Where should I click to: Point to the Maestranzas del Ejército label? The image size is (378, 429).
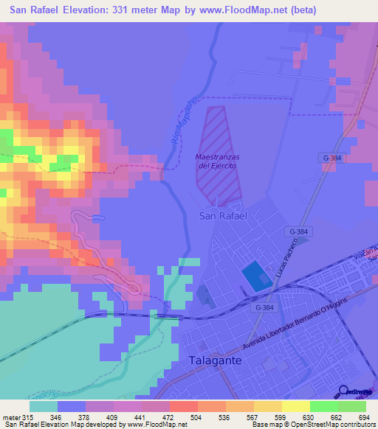(x=216, y=161)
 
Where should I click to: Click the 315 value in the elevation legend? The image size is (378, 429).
(x=28, y=417)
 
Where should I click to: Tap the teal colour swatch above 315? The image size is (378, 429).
(x=43, y=406)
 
